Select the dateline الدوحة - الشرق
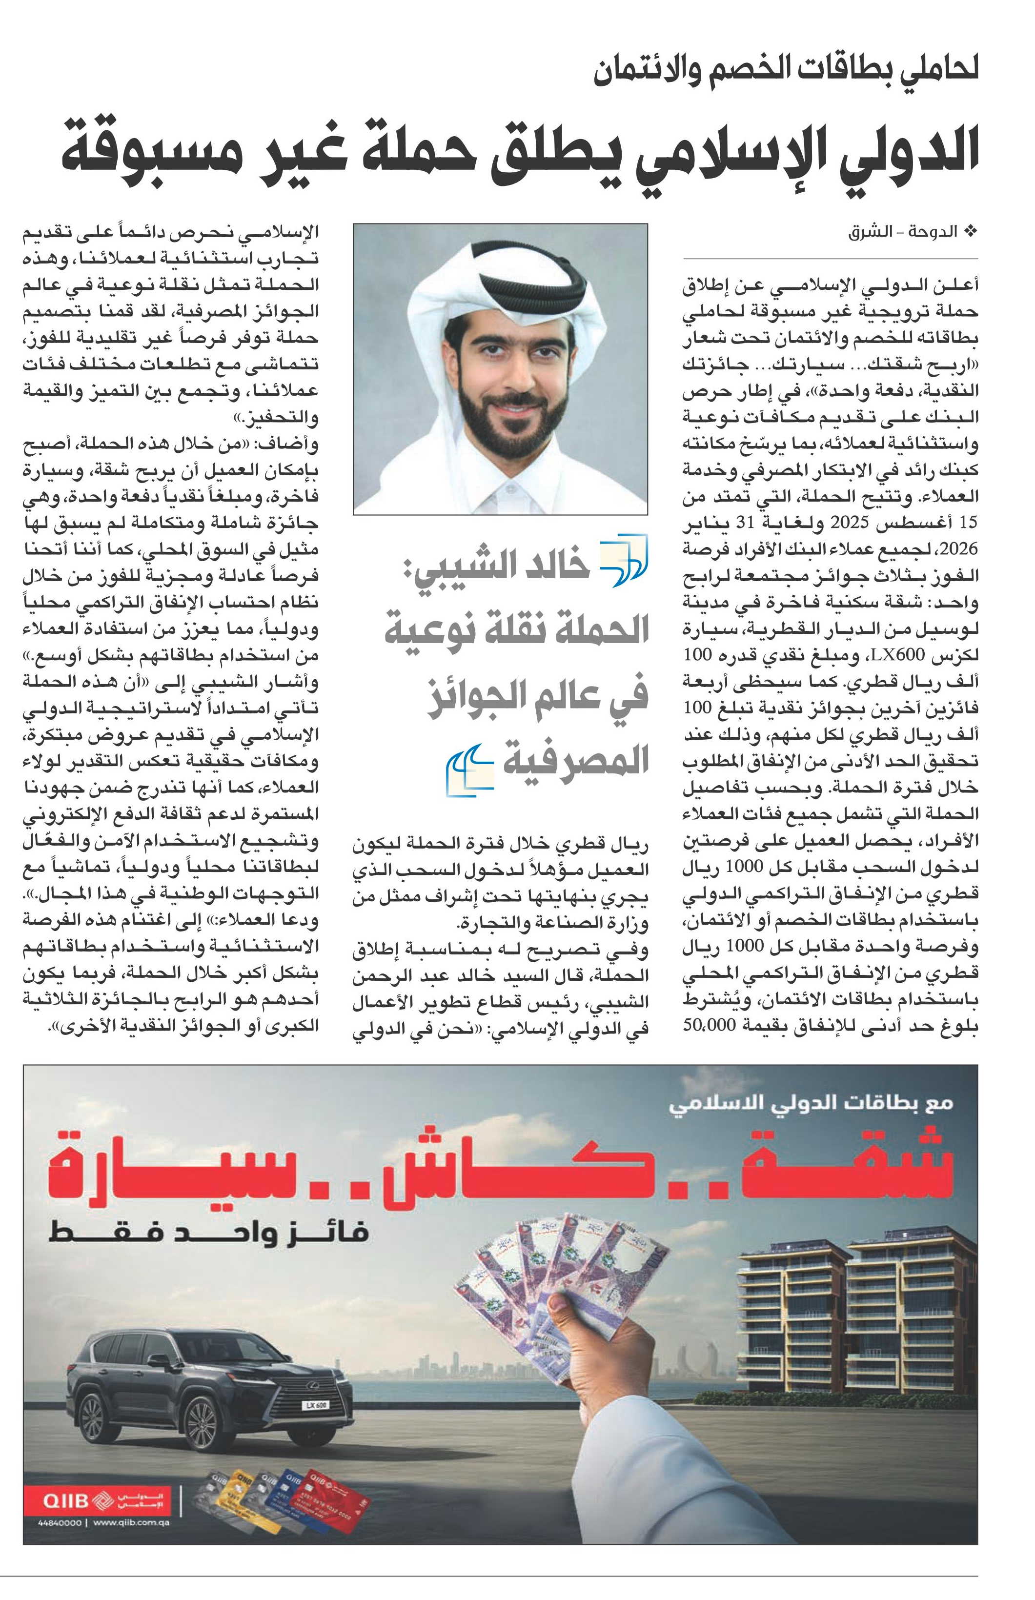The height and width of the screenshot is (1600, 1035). click(x=904, y=233)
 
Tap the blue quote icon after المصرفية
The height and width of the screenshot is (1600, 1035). click(x=470, y=771)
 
